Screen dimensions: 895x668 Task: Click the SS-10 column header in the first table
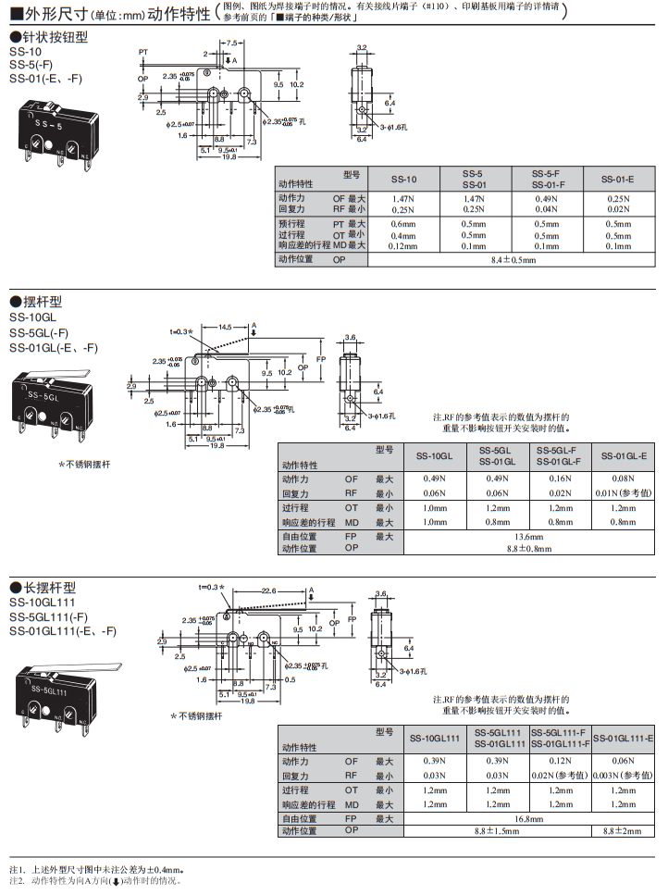(x=403, y=179)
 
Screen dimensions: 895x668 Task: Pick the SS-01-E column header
(x=618, y=179)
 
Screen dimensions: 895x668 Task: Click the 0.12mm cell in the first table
(x=403, y=246)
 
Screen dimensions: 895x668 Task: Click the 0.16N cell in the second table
(x=559, y=479)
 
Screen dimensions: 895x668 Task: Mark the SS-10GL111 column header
(x=435, y=738)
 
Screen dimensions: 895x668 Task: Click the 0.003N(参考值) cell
(x=623, y=775)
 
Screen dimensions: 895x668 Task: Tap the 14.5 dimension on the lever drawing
(x=226, y=326)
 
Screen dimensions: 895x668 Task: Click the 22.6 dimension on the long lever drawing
(x=268, y=590)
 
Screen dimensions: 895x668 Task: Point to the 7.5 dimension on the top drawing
(x=230, y=43)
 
